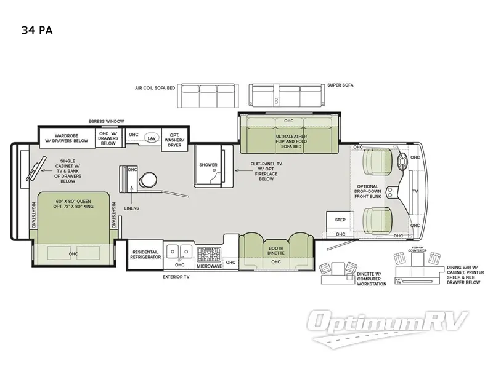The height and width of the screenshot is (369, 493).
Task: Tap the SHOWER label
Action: [x=208, y=165]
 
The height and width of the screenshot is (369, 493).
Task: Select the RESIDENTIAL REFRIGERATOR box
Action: [x=145, y=253]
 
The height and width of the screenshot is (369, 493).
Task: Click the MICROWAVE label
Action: [x=209, y=266]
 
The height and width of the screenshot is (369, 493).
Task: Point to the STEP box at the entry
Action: [x=340, y=220]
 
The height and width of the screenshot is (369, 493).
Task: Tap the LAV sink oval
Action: [x=151, y=138]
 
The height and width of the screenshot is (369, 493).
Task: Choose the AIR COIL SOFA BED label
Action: [x=155, y=88]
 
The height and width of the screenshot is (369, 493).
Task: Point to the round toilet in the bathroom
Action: [x=147, y=180]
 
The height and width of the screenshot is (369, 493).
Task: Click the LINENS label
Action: [x=131, y=208]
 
